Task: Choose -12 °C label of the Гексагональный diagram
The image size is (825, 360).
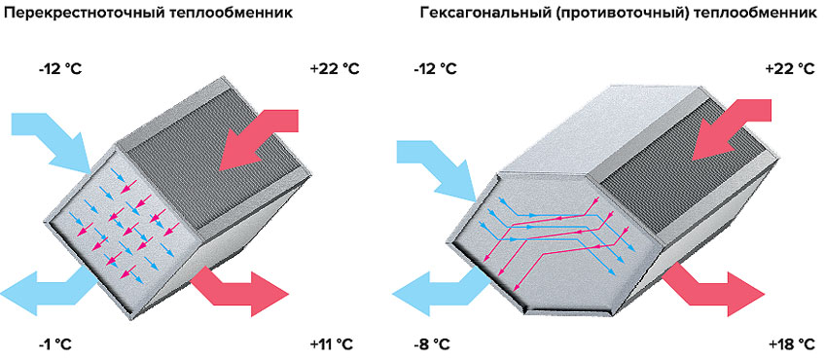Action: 434,70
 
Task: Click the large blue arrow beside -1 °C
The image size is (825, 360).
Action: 44,290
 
